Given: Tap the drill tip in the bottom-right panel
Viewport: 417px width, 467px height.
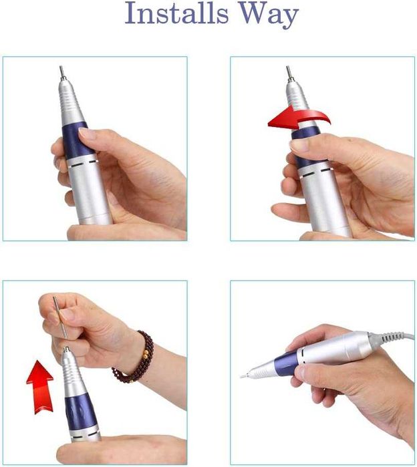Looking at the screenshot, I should [x=244, y=377].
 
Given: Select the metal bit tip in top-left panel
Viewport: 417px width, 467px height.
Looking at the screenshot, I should [x=61, y=71].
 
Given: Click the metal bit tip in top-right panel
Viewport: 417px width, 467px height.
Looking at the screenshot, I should [x=289, y=72].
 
